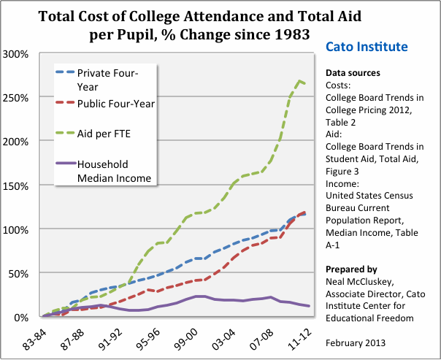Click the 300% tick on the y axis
[x=15, y=54]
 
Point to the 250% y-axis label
[x=15, y=98]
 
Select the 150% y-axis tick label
[x=15, y=185]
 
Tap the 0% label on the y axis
[x=20, y=317]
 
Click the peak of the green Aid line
[x=300, y=80]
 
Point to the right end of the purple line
[x=309, y=306]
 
